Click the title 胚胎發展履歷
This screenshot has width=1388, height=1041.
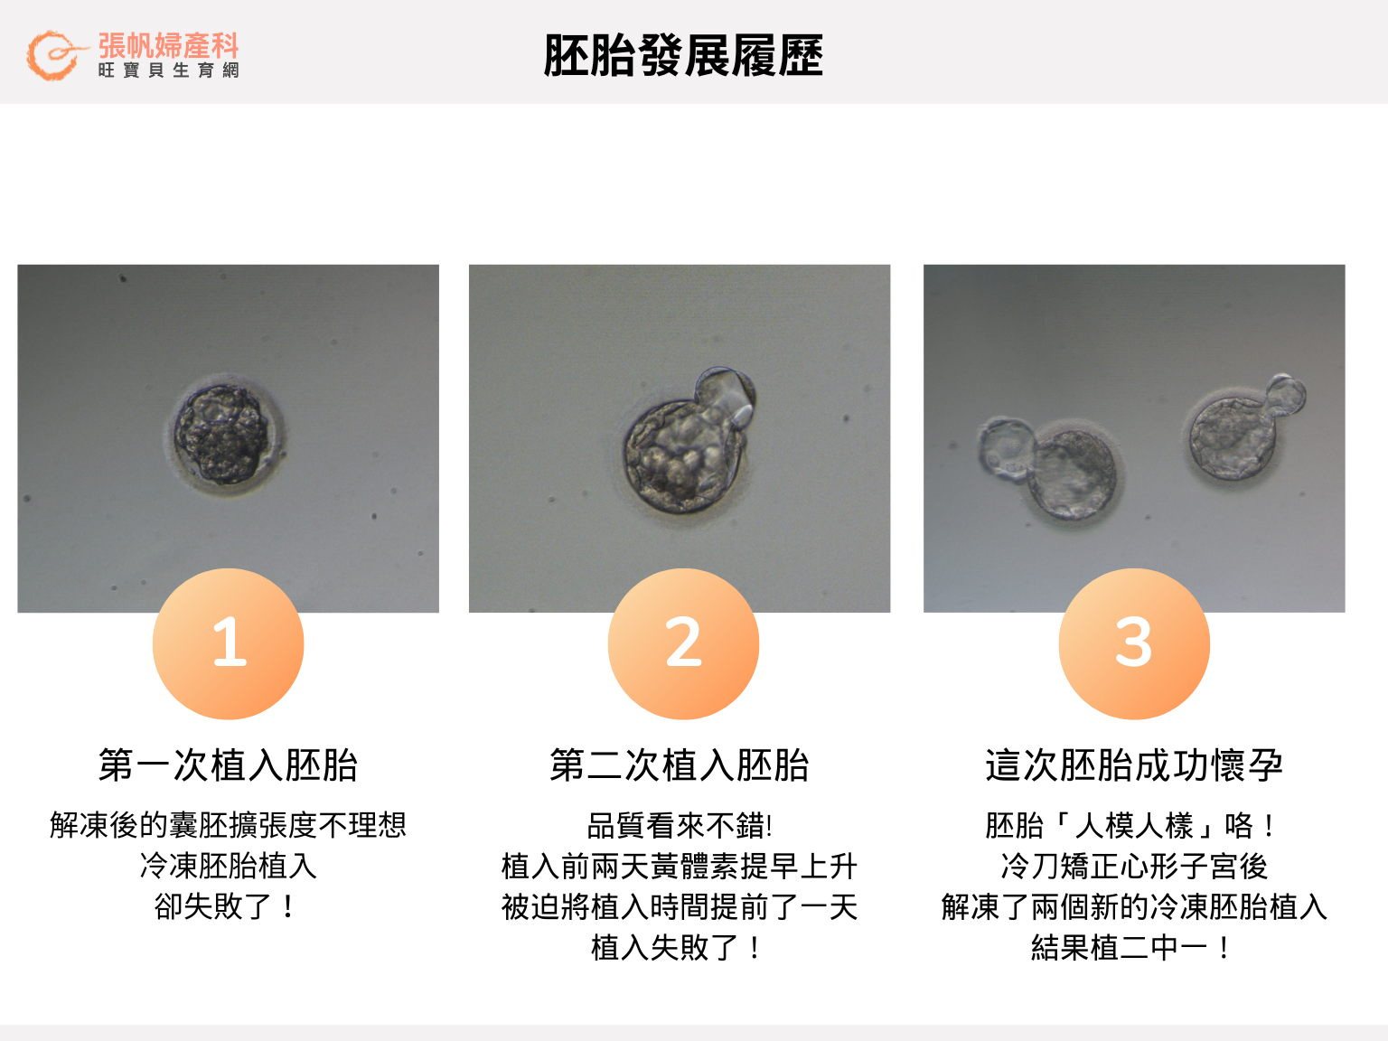click(x=683, y=56)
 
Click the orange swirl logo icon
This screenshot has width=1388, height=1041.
click(x=52, y=55)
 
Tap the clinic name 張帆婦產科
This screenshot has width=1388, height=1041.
click(x=168, y=45)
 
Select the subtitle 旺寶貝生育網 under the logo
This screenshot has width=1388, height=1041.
click(x=168, y=70)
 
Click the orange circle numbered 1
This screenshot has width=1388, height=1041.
click(x=229, y=643)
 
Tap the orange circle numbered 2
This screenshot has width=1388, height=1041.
click(x=683, y=643)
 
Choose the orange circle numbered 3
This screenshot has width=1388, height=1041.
click(x=1134, y=643)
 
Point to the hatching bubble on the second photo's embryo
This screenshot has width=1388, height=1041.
click(x=726, y=392)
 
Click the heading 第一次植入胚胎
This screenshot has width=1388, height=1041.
click(x=229, y=765)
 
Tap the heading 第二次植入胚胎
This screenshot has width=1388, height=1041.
click(x=680, y=765)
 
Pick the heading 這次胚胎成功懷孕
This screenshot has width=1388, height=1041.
click(x=1134, y=765)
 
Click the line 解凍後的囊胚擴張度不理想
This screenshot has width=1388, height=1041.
click(x=229, y=825)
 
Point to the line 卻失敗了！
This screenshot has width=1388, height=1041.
click(x=226, y=906)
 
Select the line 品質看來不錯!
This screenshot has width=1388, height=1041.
click(x=680, y=825)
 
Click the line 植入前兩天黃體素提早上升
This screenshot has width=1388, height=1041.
click(x=680, y=867)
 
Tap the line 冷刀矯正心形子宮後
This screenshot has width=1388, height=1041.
click(x=1134, y=867)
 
